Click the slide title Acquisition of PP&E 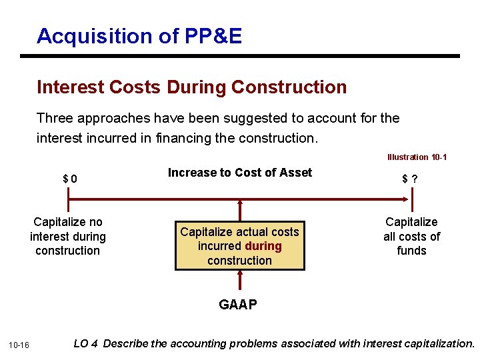(x=139, y=36)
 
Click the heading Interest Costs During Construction (x=192, y=87)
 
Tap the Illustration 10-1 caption (x=417, y=157)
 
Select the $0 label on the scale (x=69, y=179)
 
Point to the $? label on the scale (x=410, y=179)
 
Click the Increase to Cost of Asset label (x=239, y=173)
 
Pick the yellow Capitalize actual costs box (x=239, y=246)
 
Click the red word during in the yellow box (x=263, y=246)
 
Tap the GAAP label (x=238, y=305)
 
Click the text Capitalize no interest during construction (x=68, y=236)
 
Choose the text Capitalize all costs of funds (x=411, y=236)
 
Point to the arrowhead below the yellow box (x=240, y=275)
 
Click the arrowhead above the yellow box (x=240, y=204)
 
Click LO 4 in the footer (x=86, y=344)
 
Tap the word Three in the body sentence (x=55, y=118)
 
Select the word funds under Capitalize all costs (x=411, y=251)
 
